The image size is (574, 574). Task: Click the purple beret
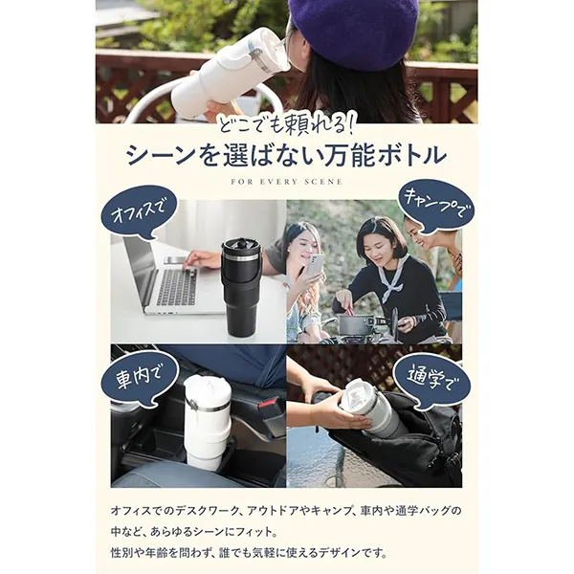click(x=353, y=32)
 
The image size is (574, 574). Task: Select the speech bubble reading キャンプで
click(x=435, y=206)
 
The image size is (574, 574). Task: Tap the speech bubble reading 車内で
click(x=139, y=377)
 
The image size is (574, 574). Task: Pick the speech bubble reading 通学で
click(x=432, y=380)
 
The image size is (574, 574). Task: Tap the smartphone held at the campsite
click(x=315, y=265)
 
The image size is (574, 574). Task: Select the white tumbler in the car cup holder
click(x=207, y=422)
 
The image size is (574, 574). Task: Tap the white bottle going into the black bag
click(x=372, y=407)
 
